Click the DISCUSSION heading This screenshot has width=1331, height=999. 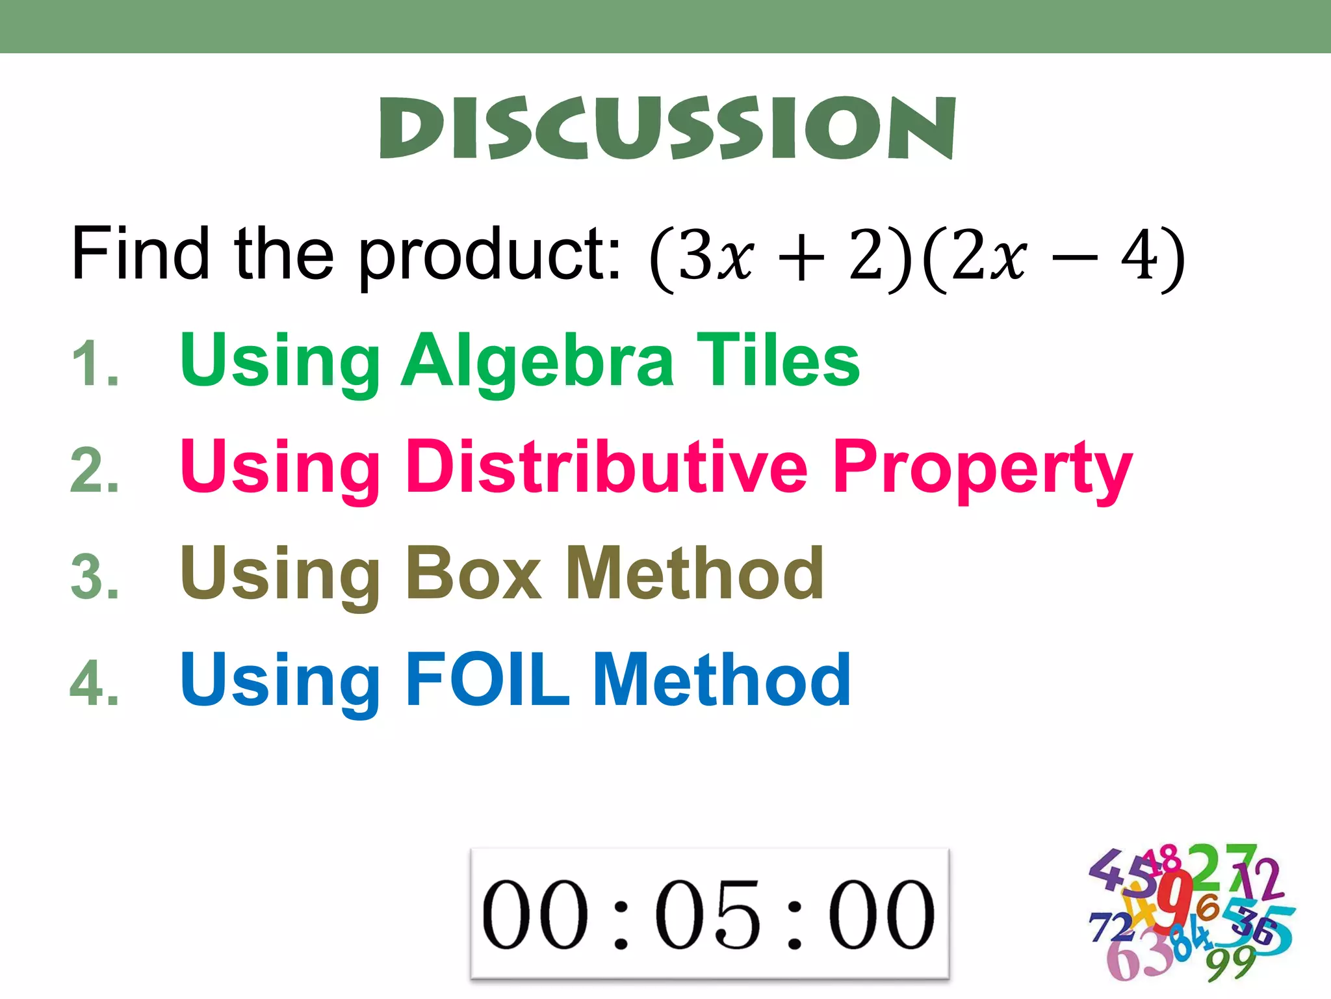pos(667,127)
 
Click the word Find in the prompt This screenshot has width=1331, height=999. pos(140,254)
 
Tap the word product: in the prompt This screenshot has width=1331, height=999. pos(489,257)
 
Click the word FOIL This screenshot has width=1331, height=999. pos(487,680)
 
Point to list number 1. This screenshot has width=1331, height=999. pos(95,364)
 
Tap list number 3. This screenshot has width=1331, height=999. pos(95,577)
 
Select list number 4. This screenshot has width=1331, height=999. pos(95,684)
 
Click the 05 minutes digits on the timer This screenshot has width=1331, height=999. pos(708,914)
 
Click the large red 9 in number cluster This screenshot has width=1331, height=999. pos(1174,901)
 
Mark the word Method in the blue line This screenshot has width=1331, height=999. pos(721,680)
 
